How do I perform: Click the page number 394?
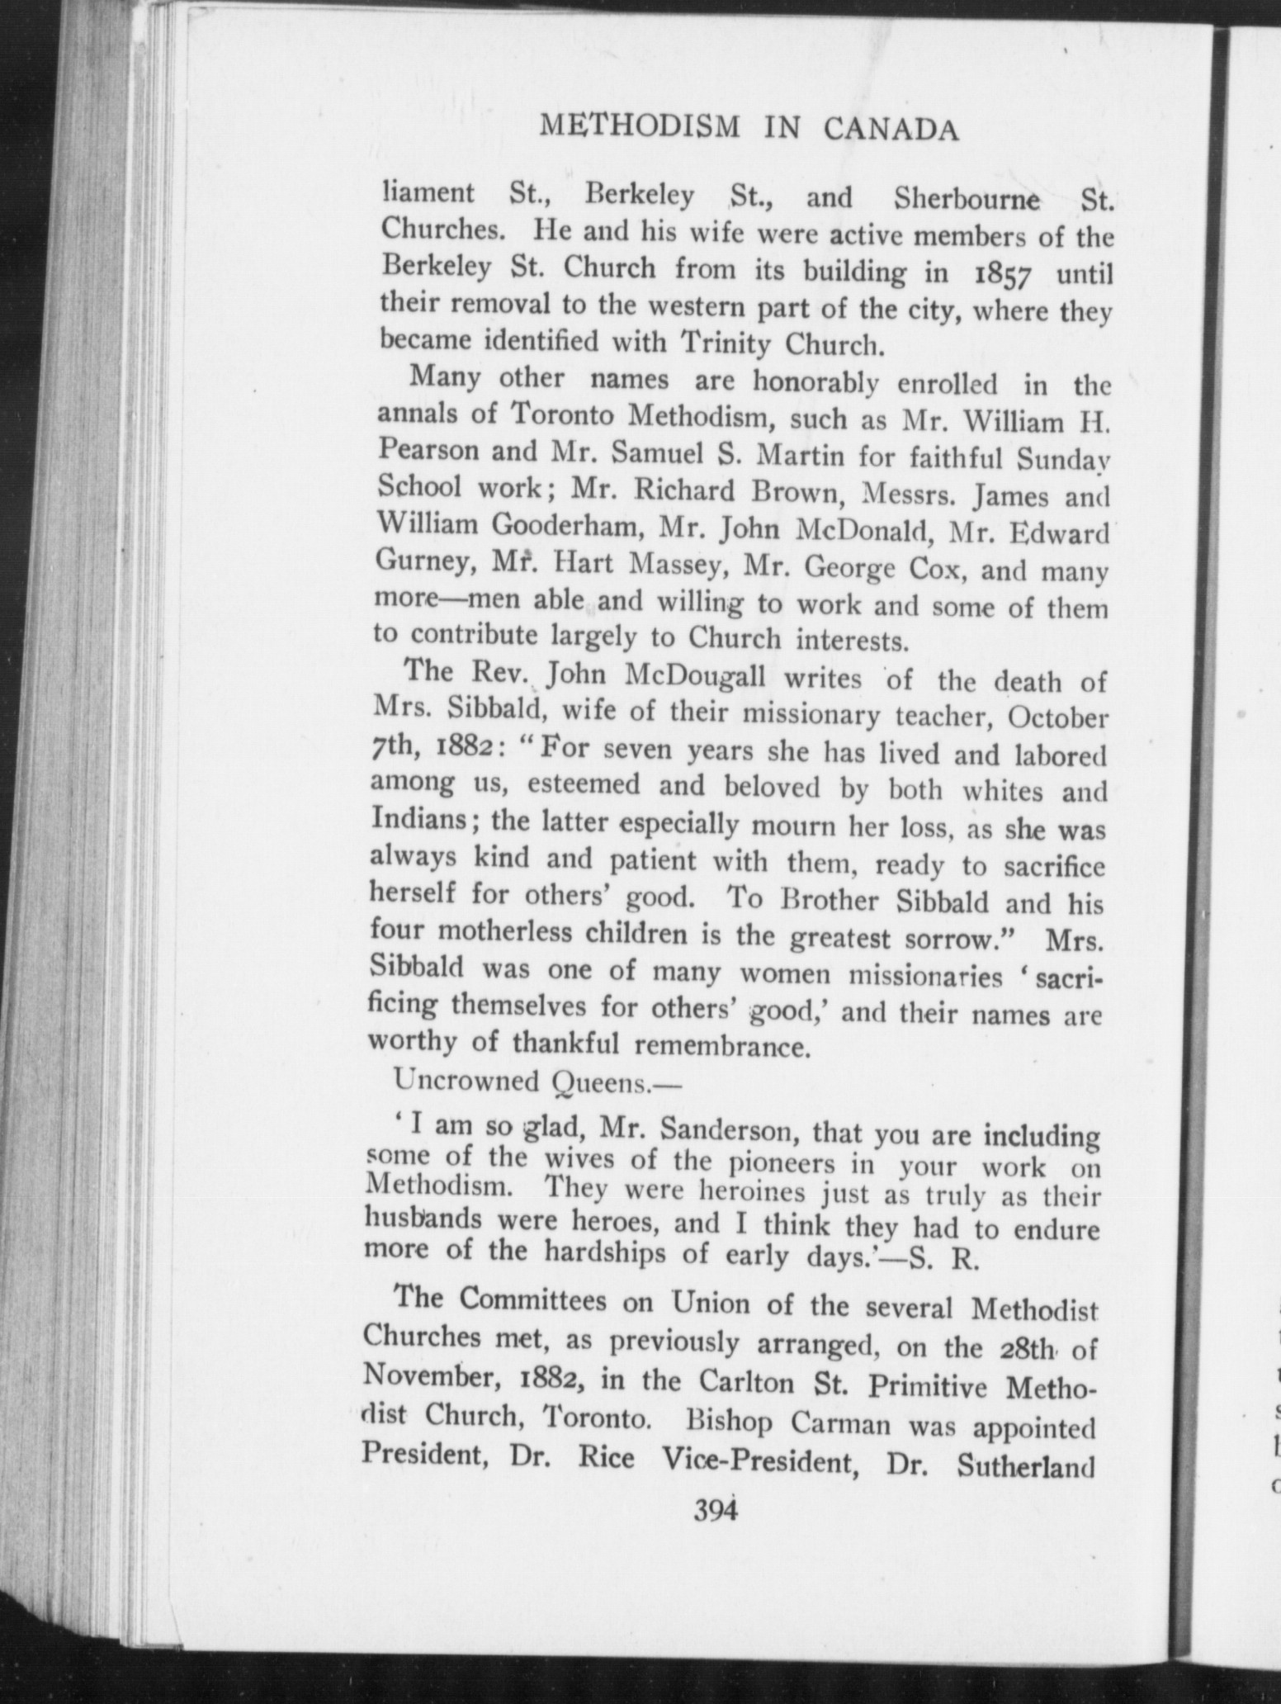(715, 1508)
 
